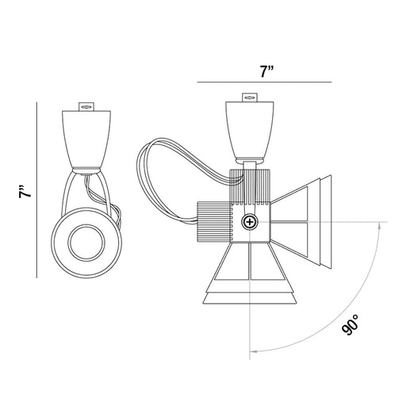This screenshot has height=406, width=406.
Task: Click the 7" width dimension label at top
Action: [266, 71]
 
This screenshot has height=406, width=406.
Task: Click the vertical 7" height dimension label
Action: [25, 192]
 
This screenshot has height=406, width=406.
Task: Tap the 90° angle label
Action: [350, 325]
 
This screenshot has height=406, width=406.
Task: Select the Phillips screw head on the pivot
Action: [250, 222]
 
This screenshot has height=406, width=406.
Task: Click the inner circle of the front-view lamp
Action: [86, 243]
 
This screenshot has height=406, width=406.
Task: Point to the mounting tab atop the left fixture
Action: [86, 107]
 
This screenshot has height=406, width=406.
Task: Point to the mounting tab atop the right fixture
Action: [250, 98]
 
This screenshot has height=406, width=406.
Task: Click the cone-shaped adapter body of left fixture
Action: [86, 139]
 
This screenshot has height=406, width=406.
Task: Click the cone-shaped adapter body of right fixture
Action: [250, 129]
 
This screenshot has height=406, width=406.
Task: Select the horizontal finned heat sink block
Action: [213, 221]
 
